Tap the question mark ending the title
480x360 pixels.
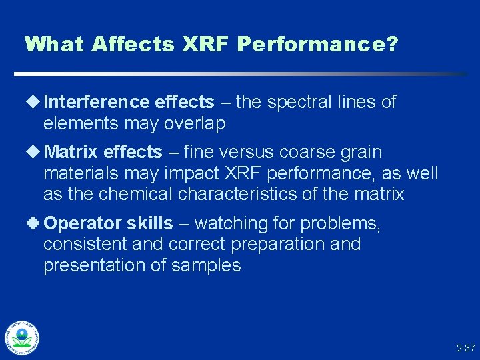coord(392,45)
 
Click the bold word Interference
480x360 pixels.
coord(97,102)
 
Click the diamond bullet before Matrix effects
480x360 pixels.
coord(33,152)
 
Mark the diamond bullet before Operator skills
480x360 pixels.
coord(33,223)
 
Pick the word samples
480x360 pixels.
coord(206,265)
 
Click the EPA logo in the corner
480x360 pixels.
coord(21,337)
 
